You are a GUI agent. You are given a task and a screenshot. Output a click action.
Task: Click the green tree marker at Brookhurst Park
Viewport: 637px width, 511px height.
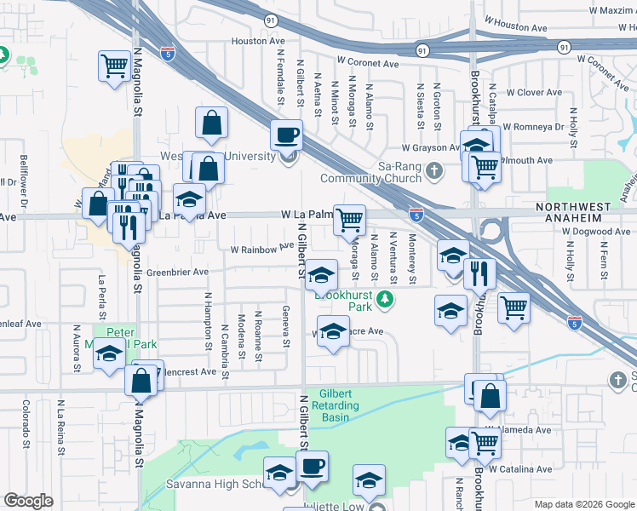point(386,299)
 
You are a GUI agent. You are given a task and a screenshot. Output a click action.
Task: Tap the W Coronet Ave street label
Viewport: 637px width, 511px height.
point(368,63)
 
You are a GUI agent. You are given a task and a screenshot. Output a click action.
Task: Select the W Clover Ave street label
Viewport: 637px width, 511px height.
point(532,92)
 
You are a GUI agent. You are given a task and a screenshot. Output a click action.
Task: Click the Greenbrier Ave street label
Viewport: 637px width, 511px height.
point(177,273)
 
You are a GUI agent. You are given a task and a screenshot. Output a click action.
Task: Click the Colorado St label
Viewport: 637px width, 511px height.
point(26,423)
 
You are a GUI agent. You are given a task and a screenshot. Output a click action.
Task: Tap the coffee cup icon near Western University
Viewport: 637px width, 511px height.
point(286,135)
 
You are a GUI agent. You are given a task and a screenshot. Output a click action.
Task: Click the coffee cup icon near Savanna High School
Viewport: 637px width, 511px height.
point(312,467)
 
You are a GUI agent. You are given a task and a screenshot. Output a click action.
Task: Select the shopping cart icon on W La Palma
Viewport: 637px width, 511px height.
point(349,220)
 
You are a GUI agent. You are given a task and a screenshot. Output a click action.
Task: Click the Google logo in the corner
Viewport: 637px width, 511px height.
point(28,501)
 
